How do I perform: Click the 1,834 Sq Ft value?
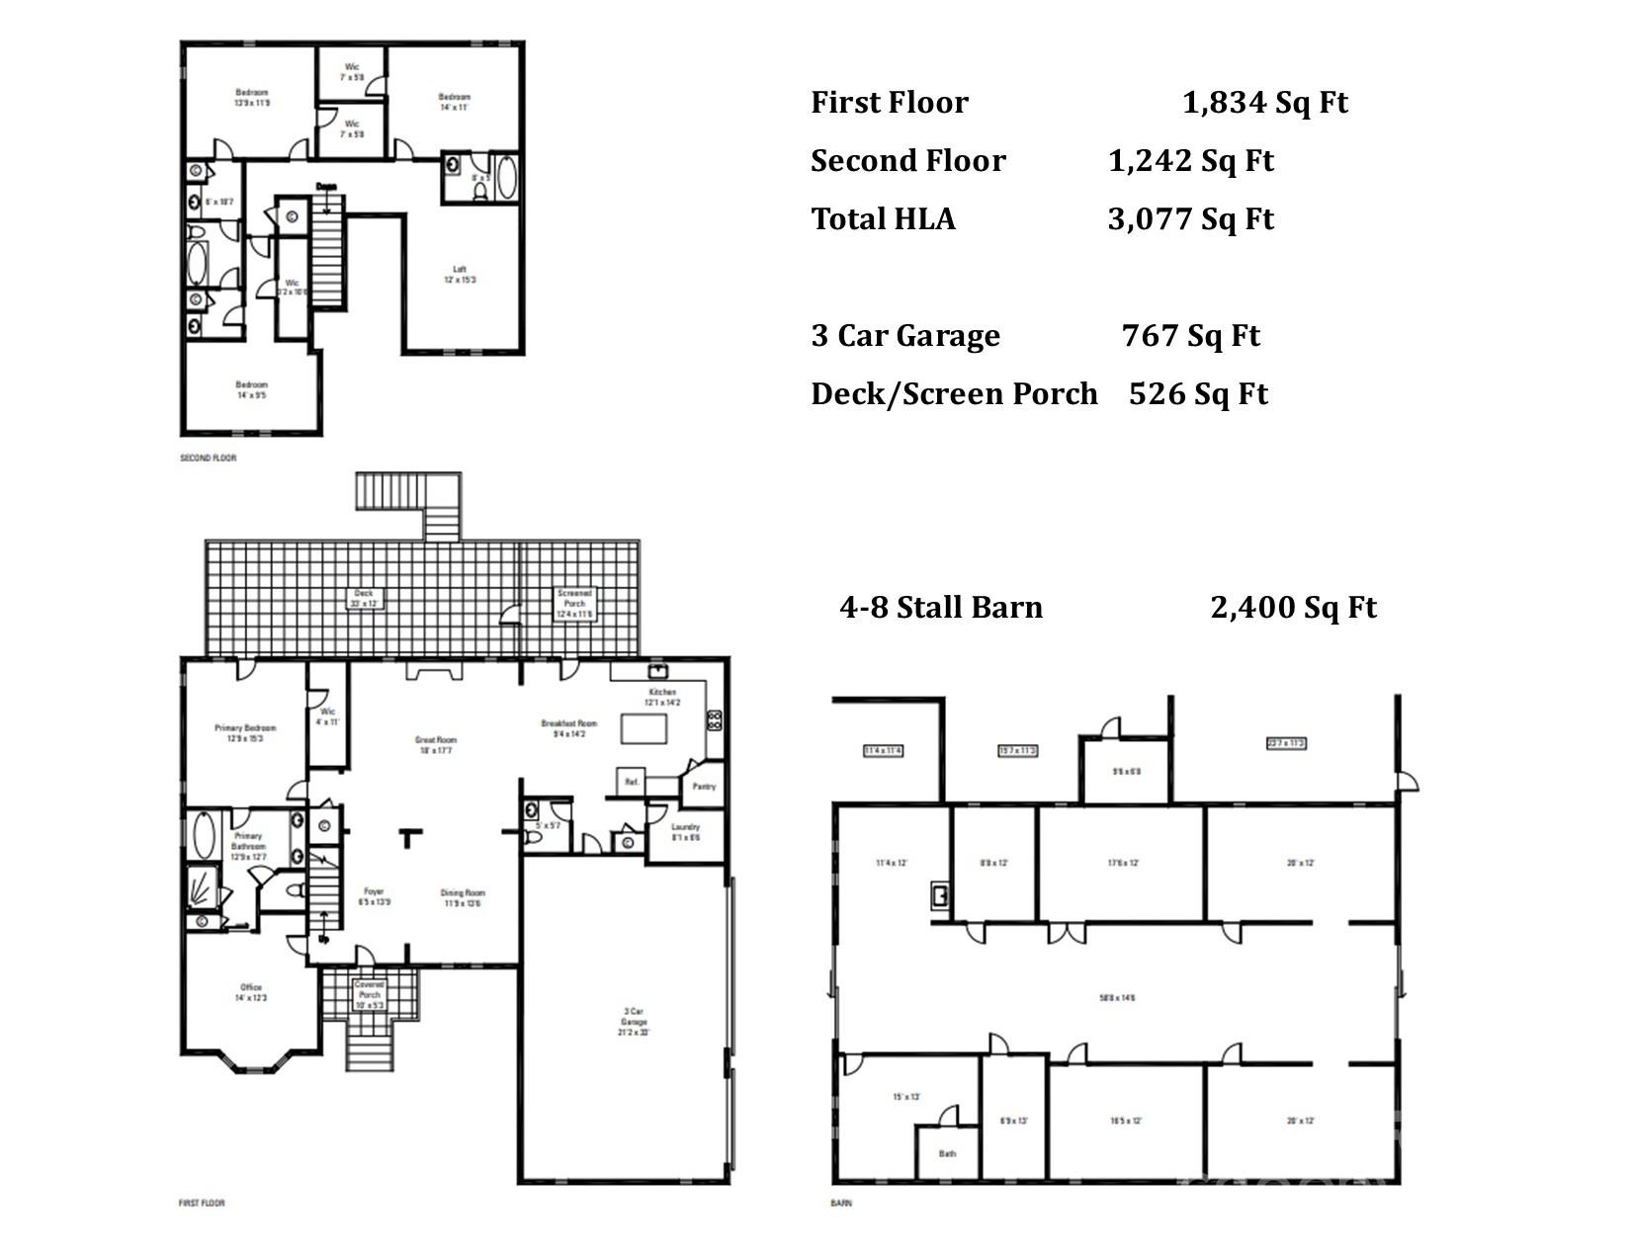click(1264, 103)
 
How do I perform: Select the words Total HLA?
click(883, 219)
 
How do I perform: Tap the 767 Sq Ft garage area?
click(1190, 336)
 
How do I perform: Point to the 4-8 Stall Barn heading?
click(940, 607)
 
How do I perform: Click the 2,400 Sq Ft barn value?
click(1292, 607)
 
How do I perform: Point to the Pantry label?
click(704, 787)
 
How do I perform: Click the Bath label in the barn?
click(947, 1153)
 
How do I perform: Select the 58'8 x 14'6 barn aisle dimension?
click(1119, 998)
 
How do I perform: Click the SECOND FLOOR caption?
click(208, 459)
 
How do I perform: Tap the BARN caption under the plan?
click(840, 1203)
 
